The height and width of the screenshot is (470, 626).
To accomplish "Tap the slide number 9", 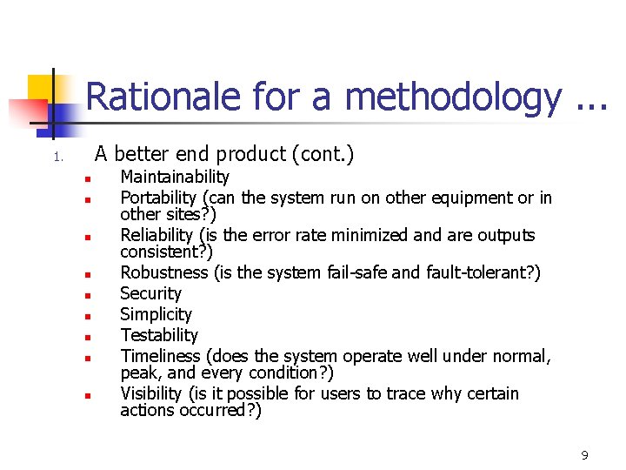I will click(x=584, y=455).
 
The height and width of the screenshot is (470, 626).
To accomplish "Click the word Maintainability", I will click(x=175, y=178).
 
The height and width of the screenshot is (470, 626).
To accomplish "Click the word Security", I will click(x=150, y=293).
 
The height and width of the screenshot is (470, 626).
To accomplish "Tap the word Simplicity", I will click(x=156, y=314).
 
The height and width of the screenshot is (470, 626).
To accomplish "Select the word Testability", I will click(x=159, y=335).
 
